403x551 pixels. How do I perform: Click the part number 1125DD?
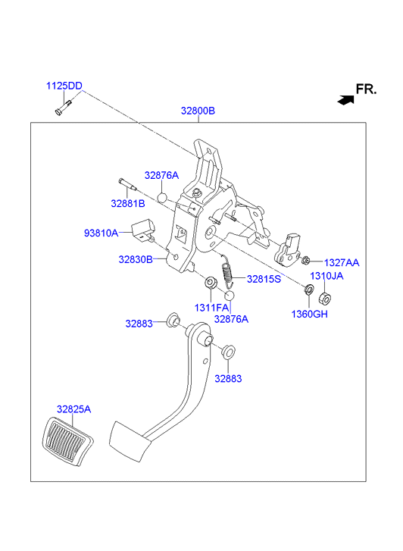coord(64,86)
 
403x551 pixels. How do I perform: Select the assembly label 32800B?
coord(198,111)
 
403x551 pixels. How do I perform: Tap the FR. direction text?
coord(366,89)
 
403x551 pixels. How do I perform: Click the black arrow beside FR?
coord(345,100)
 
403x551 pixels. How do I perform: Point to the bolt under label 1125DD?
coord(63,107)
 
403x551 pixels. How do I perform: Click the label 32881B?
coord(128,203)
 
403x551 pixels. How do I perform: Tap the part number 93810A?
coord(102,233)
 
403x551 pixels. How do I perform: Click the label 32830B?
coord(136,259)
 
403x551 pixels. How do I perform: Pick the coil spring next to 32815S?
coord(226,271)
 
